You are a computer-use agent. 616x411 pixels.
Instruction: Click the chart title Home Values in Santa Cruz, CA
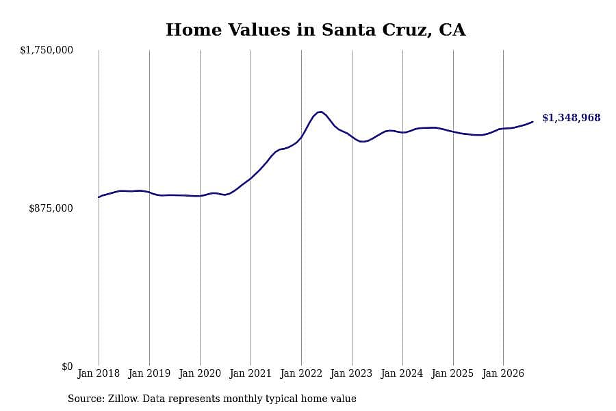tap(316, 30)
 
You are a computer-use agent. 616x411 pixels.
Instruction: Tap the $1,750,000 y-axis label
tap(47, 50)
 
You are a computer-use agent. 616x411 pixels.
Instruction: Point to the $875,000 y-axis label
tap(51, 208)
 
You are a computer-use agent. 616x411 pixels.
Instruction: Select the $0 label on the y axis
tap(67, 366)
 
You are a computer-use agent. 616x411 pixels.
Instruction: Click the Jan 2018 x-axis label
tap(99, 373)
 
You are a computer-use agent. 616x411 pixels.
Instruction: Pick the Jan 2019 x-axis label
tap(149, 373)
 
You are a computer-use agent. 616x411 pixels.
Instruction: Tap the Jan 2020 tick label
tap(200, 373)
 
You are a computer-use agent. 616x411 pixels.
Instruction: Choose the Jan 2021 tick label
tap(251, 373)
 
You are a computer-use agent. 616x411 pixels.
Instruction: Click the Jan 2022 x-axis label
tap(301, 373)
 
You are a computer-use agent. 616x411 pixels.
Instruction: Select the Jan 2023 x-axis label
tap(351, 373)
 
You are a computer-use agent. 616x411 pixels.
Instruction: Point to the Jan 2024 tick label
tap(402, 373)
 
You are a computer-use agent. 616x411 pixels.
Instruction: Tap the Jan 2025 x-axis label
tap(452, 373)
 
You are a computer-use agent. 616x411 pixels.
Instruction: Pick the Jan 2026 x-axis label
tap(503, 373)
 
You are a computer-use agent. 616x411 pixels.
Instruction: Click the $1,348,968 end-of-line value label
tap(572, 118)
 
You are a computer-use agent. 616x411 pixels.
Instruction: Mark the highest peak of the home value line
tap(320, 112)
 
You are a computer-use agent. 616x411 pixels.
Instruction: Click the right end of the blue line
tap(532, 122)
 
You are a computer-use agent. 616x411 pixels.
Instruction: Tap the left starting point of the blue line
tap(99, 197)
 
